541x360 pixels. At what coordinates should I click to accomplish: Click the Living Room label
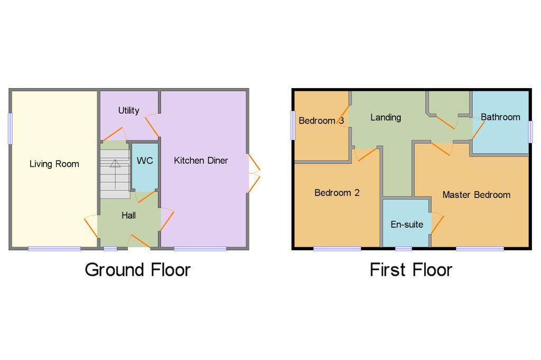[x=54, y=164]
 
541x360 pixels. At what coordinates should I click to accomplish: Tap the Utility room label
[x=128, y=110]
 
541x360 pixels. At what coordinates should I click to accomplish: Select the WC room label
[x=144, y=160]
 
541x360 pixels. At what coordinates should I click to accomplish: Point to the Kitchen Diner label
[x=201, y=160]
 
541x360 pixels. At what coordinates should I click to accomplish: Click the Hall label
[x=128, y=215]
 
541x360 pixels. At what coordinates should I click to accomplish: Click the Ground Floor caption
[x=137, y=270]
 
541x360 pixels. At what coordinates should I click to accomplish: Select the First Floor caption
[x=411, y=270]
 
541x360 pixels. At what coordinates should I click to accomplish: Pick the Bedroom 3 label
[x=321, y=120]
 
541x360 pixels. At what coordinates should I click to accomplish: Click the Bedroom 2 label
[x=337, y=193]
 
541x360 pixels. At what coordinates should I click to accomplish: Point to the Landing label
[x=385, y=117]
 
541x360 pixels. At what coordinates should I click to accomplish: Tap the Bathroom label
[x=500, y=117]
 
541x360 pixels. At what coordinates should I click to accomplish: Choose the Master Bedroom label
[x=476, y=195]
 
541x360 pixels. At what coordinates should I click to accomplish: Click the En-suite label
[x=406, y=224]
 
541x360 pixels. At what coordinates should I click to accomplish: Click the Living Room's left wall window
[x=10, y=129]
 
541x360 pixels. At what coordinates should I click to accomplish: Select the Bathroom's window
[x=530, y=131]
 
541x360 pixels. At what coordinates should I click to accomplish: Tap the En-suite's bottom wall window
[x=403, y=248]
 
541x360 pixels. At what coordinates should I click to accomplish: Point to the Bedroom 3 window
[x=293, y=126]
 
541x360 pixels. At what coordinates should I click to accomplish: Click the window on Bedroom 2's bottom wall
[x=337, y=248]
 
